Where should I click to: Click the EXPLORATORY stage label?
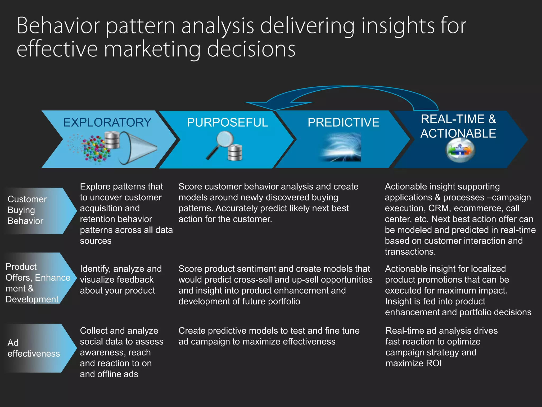point(107,122)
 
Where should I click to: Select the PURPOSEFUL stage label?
point(227,122)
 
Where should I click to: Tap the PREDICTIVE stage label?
point(343,122)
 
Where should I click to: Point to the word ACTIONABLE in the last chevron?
point(458,134)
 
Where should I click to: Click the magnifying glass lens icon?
point(225,140)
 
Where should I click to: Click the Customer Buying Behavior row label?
point(27,210)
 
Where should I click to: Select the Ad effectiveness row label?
point(34,348)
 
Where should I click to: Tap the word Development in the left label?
point(32,299)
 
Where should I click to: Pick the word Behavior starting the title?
point(58,26)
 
